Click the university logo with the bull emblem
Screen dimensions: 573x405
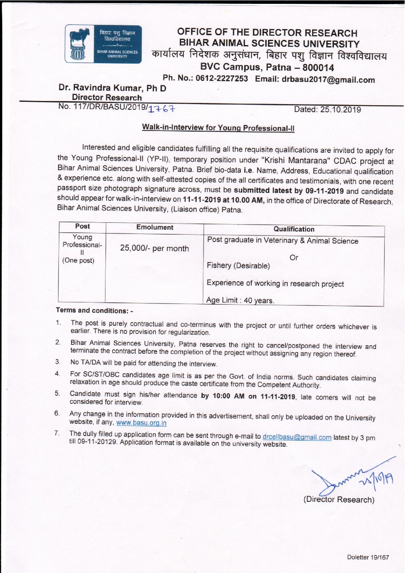pyautogui.click(x=103, y=44)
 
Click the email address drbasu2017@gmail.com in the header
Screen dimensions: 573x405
pyautogui.click(x=328, y=80)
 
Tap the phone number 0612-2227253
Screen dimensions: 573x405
pyautogui.click(x=222, y=78)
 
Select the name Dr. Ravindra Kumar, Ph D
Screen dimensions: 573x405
pyautogui.click(x=112, y=88)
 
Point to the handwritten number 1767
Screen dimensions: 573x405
pyautogui.click(x=161, y=109)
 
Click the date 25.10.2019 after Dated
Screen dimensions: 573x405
pyautogui.click(x=340, y=110)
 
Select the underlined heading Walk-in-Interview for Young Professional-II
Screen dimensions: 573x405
pyautogui.click(x=218, y=128)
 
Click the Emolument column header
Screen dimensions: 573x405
pyautogui.click(x=155, y=227)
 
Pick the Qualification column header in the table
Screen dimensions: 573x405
pyautogui.click(x=294, y=229)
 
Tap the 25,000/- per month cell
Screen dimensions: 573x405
pyautogui.click(x=154, y=248)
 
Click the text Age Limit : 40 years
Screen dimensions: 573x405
pyautogui.click(x=240, y=300)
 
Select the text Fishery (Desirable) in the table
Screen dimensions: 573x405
pyautogui.click(x=238, y=266)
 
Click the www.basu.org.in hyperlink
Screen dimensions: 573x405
pyautogui.click(x=141, y=423)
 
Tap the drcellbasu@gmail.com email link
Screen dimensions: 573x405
pyautogui.click(x=297, y=437)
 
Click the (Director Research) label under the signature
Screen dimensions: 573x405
pyautogui.click(x=339, y=500)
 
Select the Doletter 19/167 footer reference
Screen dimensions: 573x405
pyautogui.click(x=368, y=557)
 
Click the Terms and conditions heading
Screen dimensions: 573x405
pyautogui.click(x=94, y=310)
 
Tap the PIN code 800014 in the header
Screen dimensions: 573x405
pyautogui.click(x=318, y=68)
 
